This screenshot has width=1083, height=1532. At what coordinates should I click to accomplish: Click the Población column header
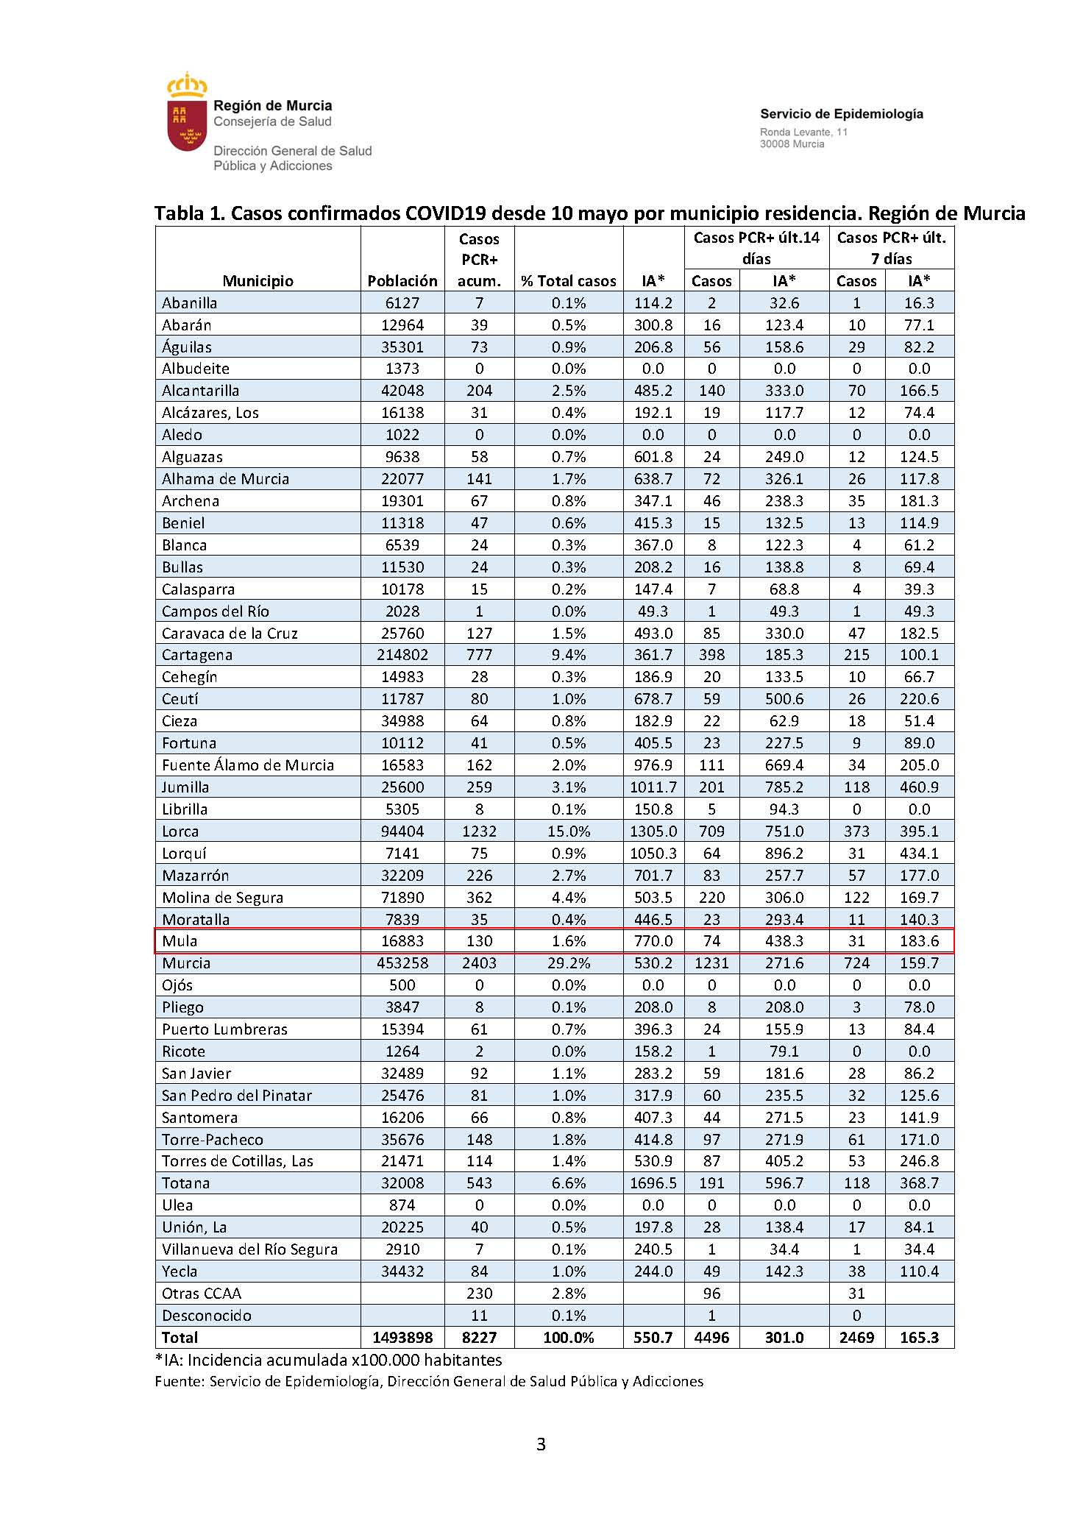pos(402,280)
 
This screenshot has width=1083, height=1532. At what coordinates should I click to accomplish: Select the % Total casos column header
pos(569,280)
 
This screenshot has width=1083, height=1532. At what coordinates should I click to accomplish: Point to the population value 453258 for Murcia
pos(402,963)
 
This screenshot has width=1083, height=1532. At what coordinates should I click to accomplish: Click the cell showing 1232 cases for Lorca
pos(479,831)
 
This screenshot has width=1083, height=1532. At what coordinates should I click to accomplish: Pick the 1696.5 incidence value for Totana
pos(653,1183)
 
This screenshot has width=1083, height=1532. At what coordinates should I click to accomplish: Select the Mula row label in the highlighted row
pos(180,941)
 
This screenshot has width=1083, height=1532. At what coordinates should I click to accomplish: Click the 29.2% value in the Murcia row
pos(569,963)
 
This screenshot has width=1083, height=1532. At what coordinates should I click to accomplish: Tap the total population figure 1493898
pos(402,1338)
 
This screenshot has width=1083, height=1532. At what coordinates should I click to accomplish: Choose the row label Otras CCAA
pos(202,1294)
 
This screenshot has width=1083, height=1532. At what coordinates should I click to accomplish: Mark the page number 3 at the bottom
pos(541,1444)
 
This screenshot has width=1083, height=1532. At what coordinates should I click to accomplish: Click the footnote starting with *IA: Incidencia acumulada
pos(328,1360)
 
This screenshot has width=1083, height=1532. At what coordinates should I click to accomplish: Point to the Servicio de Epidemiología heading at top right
pos(842,114)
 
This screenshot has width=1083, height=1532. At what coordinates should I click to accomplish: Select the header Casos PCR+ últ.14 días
pos(756,248)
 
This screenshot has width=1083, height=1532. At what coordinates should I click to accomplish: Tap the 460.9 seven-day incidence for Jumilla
pos(919,787)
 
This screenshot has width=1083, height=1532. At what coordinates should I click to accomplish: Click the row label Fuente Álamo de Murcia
pos(248,765)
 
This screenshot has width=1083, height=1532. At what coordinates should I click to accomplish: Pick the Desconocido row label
pos(207,1316)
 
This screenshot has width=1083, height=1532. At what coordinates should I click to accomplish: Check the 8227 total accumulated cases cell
pos(479,1338)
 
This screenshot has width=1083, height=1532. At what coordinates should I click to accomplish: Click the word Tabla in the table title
pos(179,213)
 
